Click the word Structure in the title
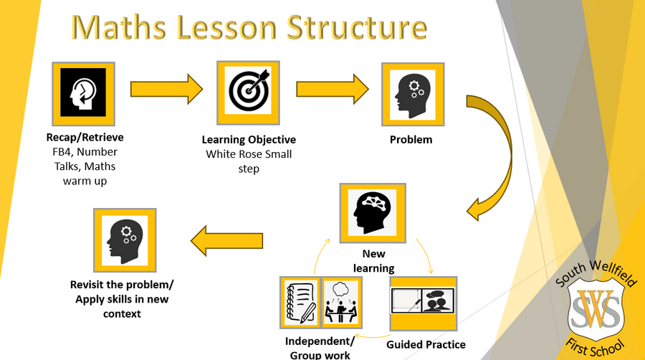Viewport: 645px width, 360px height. tap(357, 27)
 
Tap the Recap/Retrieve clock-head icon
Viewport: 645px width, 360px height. tap(84, 94)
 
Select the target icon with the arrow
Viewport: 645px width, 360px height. tap(249, 93)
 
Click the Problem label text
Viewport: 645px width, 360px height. tap(411, 140)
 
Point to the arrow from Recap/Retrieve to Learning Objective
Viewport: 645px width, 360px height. tap(166, 89)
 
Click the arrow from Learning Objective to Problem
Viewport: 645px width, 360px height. tap(333, 89)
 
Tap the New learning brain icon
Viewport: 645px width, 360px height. tap(373, 213)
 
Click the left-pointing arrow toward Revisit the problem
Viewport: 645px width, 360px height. tap(226, 241)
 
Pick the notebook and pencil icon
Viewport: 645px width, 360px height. tap(300, 303)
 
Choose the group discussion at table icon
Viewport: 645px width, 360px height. tap(341, 303)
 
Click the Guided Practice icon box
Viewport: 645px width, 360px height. tap(424, 303)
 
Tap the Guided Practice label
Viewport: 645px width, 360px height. tap(426, 345)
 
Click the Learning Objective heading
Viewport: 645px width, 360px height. tap(249, 140)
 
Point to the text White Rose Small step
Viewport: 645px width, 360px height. tap(249, 161)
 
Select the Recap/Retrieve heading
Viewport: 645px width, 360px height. tap(85, 138)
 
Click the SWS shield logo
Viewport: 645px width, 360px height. tap(596, 309)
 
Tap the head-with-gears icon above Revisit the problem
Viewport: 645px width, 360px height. tap(125, 240)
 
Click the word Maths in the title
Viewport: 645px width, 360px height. tap(119, 27)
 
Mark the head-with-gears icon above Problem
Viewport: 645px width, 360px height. tap(413, 95)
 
